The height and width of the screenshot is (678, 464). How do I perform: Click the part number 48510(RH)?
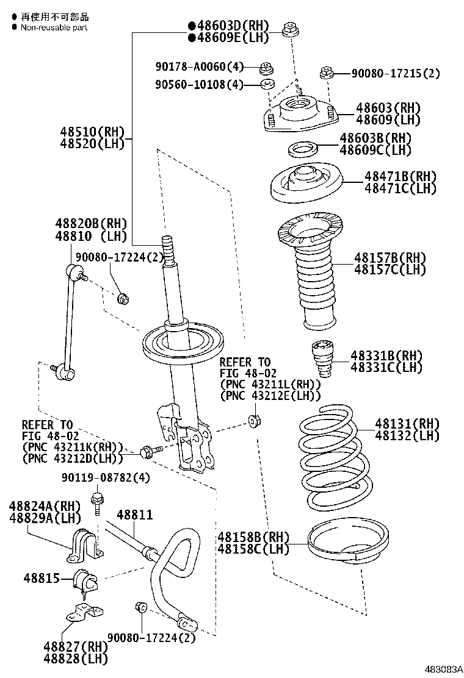pos(92,131)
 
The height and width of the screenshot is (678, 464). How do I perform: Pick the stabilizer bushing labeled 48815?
pos(85,581)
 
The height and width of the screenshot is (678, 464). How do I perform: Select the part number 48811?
pos(134,515)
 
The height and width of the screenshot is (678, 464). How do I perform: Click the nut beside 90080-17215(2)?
pos(325,74)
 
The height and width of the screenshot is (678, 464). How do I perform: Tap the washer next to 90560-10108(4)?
pos(267,84)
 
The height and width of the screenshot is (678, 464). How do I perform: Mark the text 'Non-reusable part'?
pos(54,27)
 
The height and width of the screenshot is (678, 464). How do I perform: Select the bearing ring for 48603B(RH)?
pos(301,148)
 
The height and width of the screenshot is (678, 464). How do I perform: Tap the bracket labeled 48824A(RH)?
pos(84,546)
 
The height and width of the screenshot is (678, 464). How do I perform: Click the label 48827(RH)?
pos(74,646)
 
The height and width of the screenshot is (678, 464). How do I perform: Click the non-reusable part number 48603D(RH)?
pos(228,26)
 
